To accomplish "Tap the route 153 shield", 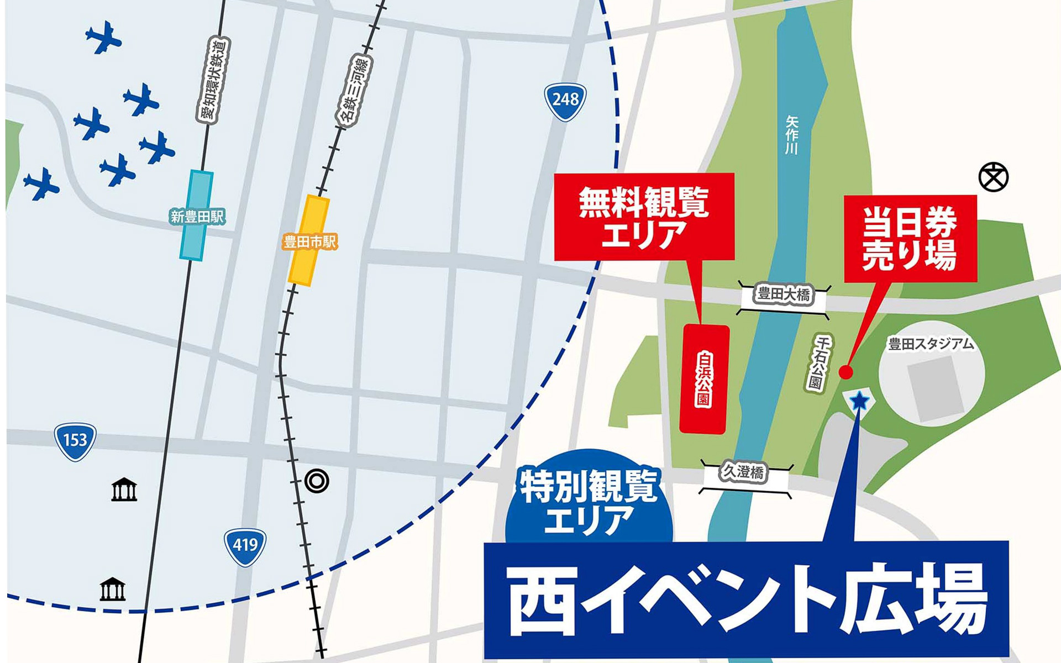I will point(75,441).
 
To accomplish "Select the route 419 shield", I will point(245,546).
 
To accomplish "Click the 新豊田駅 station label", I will point(197,217).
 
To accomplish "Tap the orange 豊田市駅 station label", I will point(309,242).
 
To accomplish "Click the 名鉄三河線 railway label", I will point(354,91).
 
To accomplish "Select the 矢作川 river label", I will point(792,135).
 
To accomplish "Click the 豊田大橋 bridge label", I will point(784,295).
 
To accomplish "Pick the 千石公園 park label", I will point(818,364).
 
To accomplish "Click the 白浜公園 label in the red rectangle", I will point(704,379).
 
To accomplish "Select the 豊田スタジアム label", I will point(931,345).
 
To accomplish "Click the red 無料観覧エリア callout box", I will point(644,217).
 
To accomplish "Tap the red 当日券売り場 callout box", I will point(910,239).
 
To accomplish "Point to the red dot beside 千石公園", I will point(845,372).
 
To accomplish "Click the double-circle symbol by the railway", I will point(317,481).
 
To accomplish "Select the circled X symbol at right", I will point(993,177).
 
